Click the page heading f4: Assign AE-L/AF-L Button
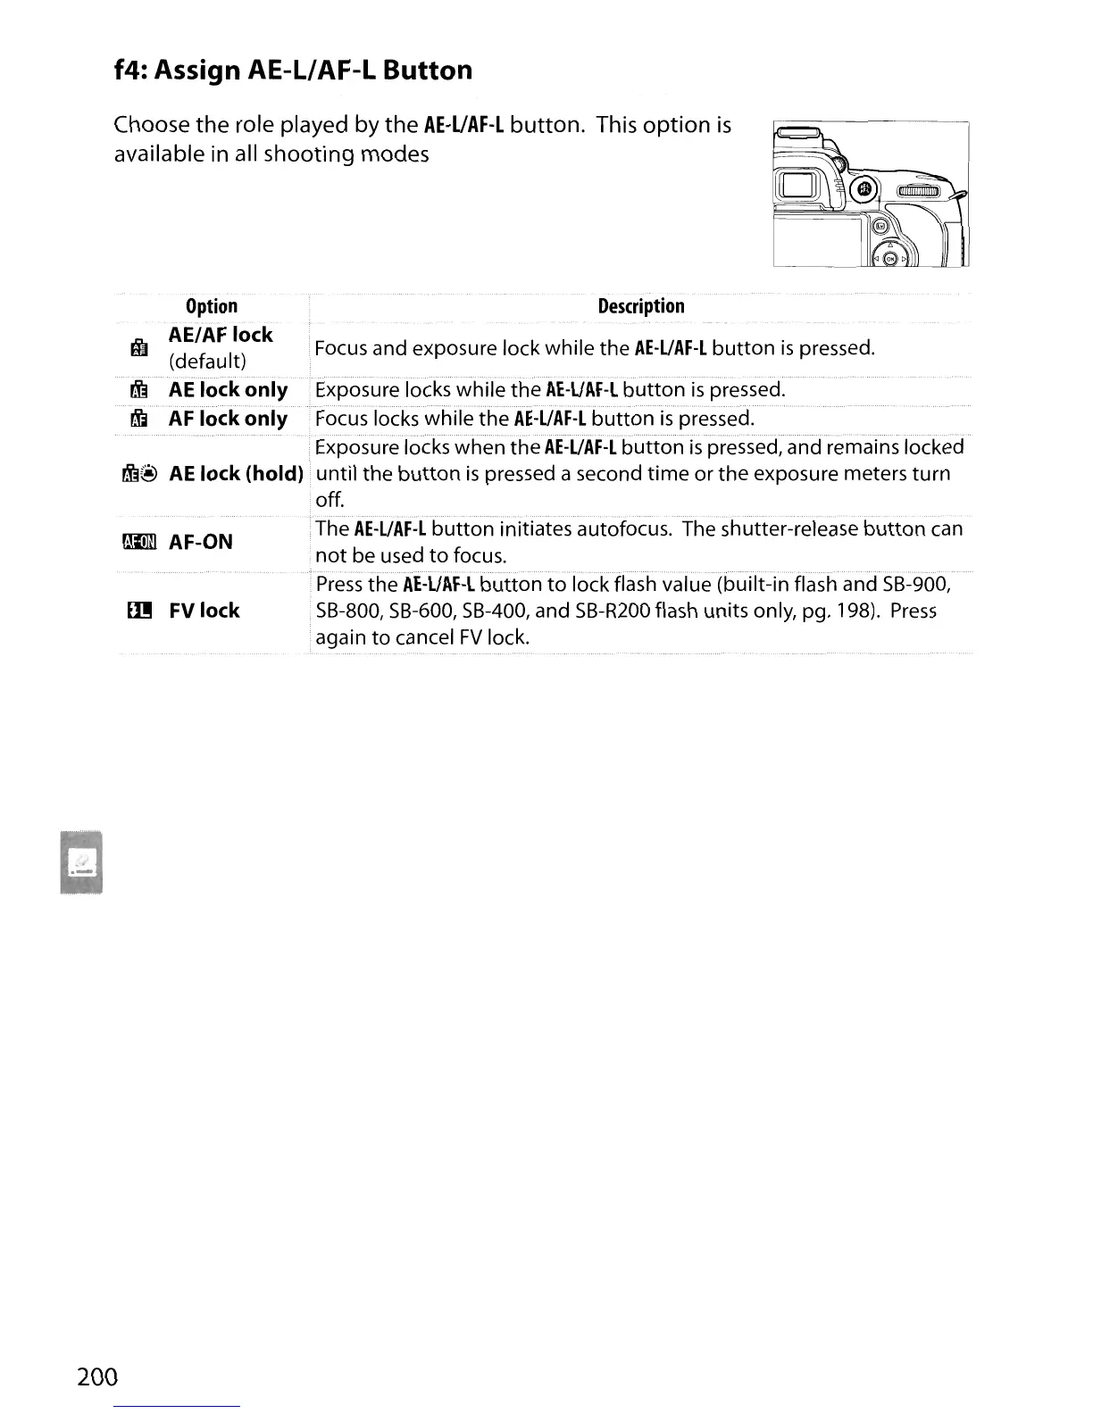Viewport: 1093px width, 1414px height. pos(293,70)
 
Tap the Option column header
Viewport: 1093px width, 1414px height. pos(212,306)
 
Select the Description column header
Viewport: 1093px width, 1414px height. pos(640,306)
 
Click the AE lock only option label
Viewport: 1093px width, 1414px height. pos(228,390)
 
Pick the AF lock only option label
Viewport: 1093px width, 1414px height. pos(228,419)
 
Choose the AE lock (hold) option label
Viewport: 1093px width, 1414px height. pos(237,473)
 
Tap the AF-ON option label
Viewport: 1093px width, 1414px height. pos(201,542)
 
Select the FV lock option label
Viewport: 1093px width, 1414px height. pos(204,611)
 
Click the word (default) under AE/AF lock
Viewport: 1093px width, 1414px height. pos(207,362)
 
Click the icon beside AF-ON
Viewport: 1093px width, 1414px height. pos(139,542)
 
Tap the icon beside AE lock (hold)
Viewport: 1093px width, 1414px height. pos(139,474)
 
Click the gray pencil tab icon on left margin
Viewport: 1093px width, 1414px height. pos(81,861)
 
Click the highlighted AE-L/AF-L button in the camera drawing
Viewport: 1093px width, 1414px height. pos(864,189)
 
